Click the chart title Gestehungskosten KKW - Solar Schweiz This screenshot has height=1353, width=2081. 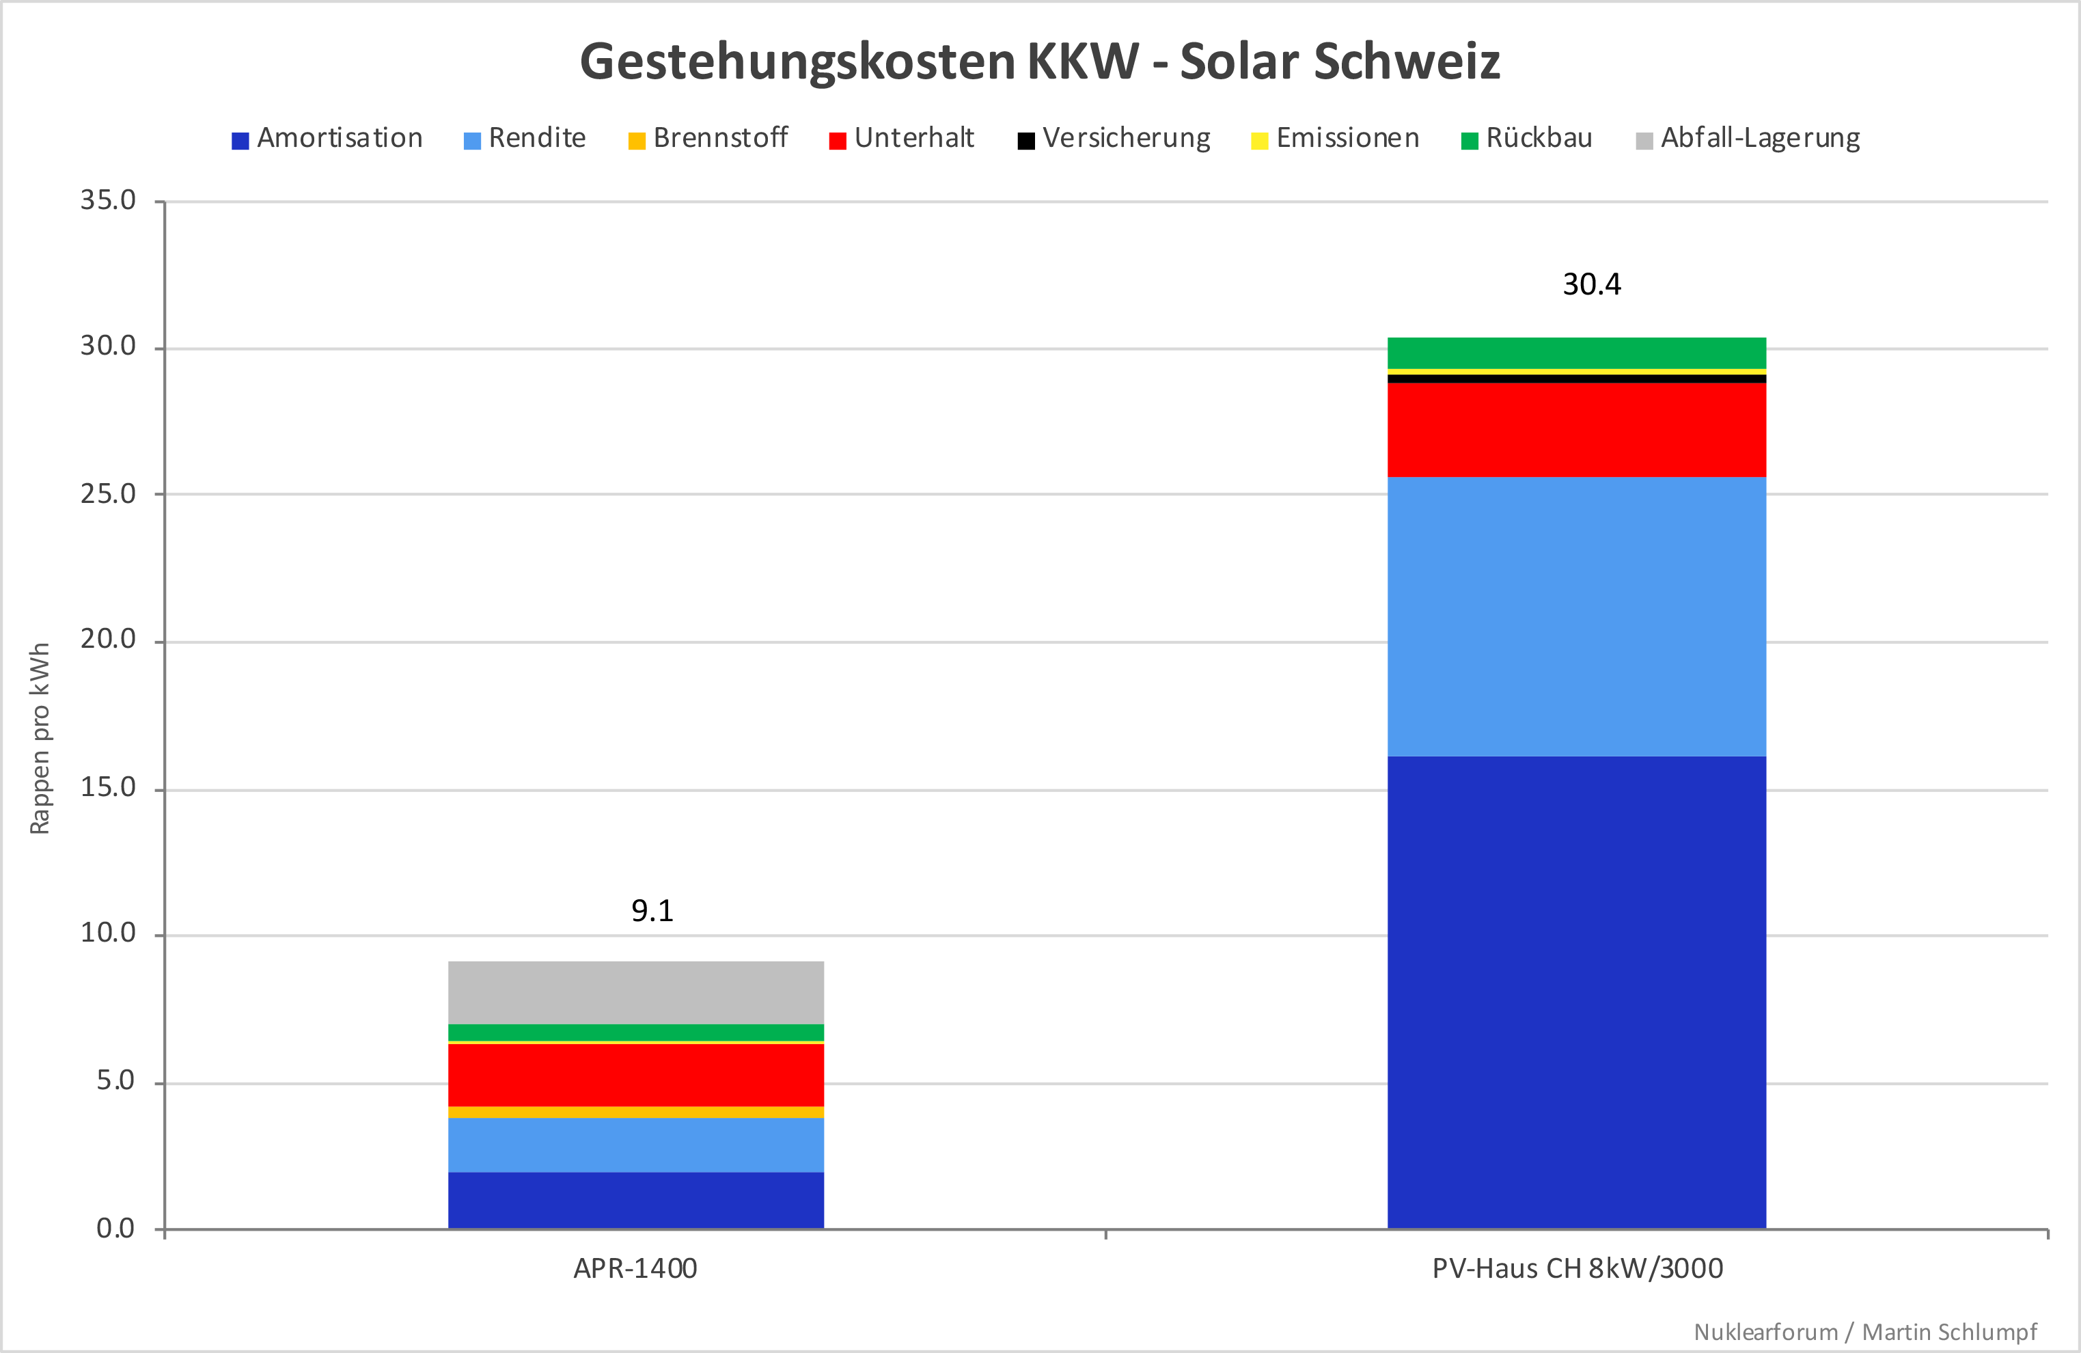1040,62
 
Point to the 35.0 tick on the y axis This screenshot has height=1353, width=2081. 109,200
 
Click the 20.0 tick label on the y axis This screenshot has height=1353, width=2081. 109,640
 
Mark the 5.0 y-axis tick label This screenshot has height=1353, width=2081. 115,1081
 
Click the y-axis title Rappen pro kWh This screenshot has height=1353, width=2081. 40,739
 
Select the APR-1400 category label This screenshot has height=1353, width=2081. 635,1268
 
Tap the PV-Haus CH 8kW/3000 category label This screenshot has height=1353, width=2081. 1577,1268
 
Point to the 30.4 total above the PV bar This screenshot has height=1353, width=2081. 1591,284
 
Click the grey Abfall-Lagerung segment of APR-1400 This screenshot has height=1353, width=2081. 635,992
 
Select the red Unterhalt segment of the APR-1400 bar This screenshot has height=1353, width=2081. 635,1075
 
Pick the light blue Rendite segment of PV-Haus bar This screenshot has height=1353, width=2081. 1577,616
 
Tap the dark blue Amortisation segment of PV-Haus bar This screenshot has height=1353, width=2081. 1577,992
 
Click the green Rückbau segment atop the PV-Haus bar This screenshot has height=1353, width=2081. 1577,353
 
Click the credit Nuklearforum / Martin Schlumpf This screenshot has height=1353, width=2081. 1865,1331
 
